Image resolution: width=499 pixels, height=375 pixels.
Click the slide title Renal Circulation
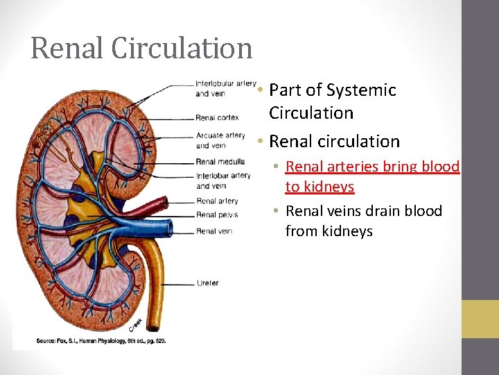[x=141, y=48]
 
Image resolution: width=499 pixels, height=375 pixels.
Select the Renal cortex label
[x=217, y=118]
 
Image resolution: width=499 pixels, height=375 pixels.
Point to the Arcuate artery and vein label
[x=220, y=140]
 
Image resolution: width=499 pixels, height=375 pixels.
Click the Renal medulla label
[x=220, y=162]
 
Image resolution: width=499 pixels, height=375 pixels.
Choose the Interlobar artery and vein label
[x=222, y=181]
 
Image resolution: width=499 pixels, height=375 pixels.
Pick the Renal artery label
[x=216, y=201]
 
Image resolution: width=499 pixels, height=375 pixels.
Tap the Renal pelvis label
[x=216, y=215]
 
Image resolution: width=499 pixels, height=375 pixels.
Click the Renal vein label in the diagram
[x=213, y=231]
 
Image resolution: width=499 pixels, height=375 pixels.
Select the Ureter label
[x=208, y=283]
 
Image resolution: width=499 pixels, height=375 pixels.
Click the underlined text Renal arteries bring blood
[x=372, y=167]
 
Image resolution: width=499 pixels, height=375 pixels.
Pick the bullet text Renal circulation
[x=334, y=141]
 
